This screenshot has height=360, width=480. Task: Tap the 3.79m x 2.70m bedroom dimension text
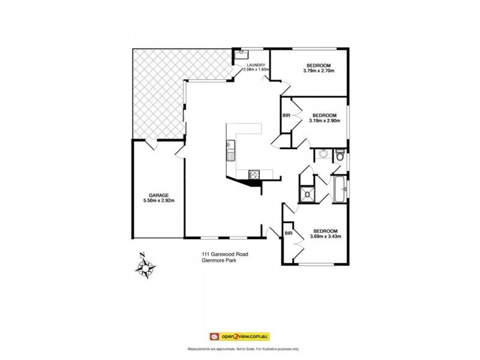318,71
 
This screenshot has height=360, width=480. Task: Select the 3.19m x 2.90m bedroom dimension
324,121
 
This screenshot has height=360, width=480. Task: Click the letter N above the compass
142,254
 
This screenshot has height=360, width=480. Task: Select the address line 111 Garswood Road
224,254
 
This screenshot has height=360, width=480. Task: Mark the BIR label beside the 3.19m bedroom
287,116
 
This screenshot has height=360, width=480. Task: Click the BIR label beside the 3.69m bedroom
289,233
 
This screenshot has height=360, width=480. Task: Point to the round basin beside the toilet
323,154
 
